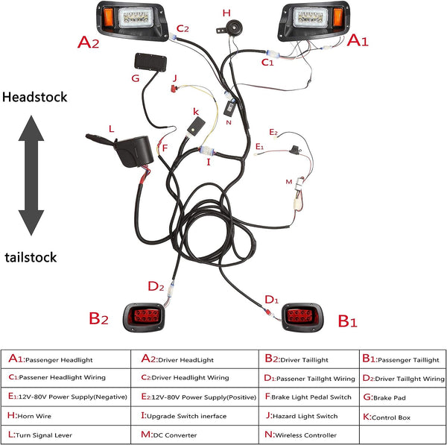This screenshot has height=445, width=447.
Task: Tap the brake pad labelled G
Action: (150, 63)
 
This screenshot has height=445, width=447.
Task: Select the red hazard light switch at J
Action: (174, 89)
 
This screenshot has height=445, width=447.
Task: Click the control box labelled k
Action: (196, 126)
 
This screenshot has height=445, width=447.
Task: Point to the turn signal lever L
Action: (125, 150)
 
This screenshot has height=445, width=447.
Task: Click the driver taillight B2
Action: (144, 317)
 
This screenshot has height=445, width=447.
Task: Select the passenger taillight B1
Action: (302, 317)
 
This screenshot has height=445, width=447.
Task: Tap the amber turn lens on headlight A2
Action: (109, 17)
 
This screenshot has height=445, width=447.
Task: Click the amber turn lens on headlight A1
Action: (337, 17)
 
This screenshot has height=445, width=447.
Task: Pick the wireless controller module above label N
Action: (229, 108)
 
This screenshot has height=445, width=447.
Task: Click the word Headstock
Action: (35, 97)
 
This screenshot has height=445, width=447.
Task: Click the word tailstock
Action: (31, 257)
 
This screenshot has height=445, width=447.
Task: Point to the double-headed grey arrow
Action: (31, 175)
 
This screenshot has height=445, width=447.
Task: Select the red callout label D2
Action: (156, 286)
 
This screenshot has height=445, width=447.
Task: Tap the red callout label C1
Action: (267, 62)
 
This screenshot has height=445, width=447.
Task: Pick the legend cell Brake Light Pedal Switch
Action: (308, 397)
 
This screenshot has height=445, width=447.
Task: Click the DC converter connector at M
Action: (299, 194)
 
